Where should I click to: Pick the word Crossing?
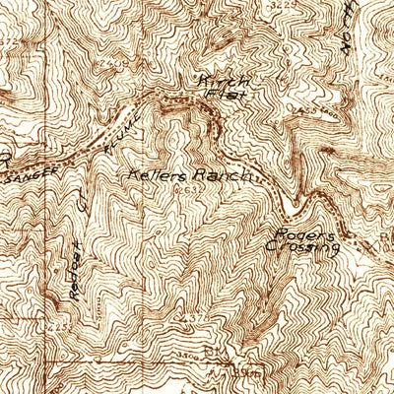click(304, 250)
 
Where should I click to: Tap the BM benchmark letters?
click(210, 350)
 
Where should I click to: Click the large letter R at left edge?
click(5, 158)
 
